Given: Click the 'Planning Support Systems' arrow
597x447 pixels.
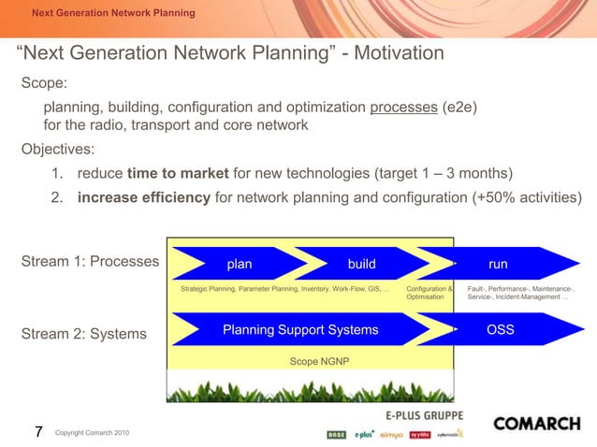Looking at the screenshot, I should tap(300, 329).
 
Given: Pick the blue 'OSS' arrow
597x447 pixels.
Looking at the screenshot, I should tap(500, 329).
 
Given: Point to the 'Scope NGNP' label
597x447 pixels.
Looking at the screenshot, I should tap(319, 360).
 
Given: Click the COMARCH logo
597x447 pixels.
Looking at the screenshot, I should tap(536, 424).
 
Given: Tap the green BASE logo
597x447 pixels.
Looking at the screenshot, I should tap(338, 434).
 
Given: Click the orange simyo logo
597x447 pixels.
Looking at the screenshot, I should tap(391, 434).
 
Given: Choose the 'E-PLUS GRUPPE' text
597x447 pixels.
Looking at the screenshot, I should tap(424, 415).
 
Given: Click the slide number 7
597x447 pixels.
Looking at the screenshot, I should tap(38, 431).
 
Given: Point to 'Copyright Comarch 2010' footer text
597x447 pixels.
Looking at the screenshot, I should tap(93, 433).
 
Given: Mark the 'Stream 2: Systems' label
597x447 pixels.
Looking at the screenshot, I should tap(83, 333).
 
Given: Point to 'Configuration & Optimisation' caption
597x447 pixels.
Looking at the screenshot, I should tap(430, 294).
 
